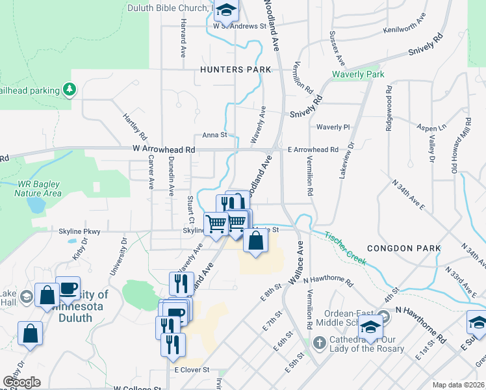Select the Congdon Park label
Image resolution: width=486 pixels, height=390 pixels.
[x=403, y=248]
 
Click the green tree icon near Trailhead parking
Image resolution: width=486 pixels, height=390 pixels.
[x=69, y=88]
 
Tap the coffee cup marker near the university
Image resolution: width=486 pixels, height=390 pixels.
[x=68, y=287]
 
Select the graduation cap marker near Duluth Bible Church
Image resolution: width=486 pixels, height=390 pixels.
[x=226, y=10]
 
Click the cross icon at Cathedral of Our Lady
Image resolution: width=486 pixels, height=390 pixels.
[x=319, y=342]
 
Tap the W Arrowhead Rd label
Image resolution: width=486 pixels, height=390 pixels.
[x=164, y=149]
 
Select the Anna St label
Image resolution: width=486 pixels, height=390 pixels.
[x=214, y=135]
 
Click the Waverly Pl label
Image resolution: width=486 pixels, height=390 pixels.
[x=333, y=127]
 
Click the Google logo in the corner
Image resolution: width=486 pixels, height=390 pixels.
[x=21, y=382]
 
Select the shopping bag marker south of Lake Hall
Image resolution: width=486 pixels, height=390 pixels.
[x=30, y=334]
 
